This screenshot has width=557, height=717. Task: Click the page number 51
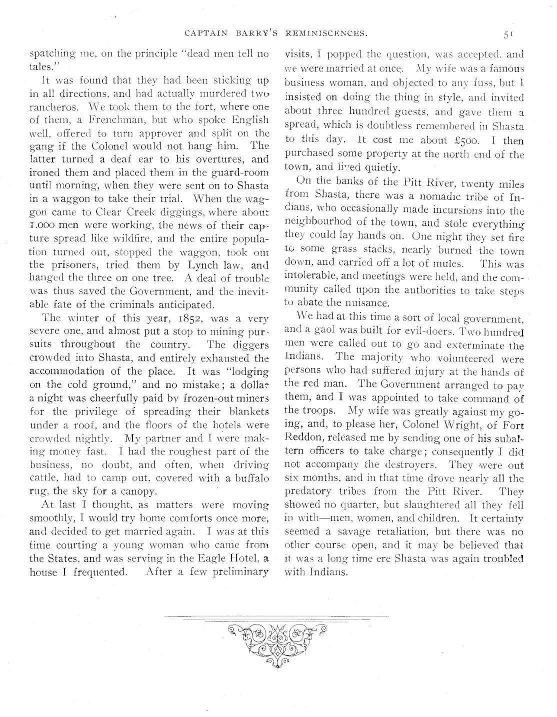click(x=509, y=34)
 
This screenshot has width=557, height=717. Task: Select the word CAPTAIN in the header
click(x=201, y=34)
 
